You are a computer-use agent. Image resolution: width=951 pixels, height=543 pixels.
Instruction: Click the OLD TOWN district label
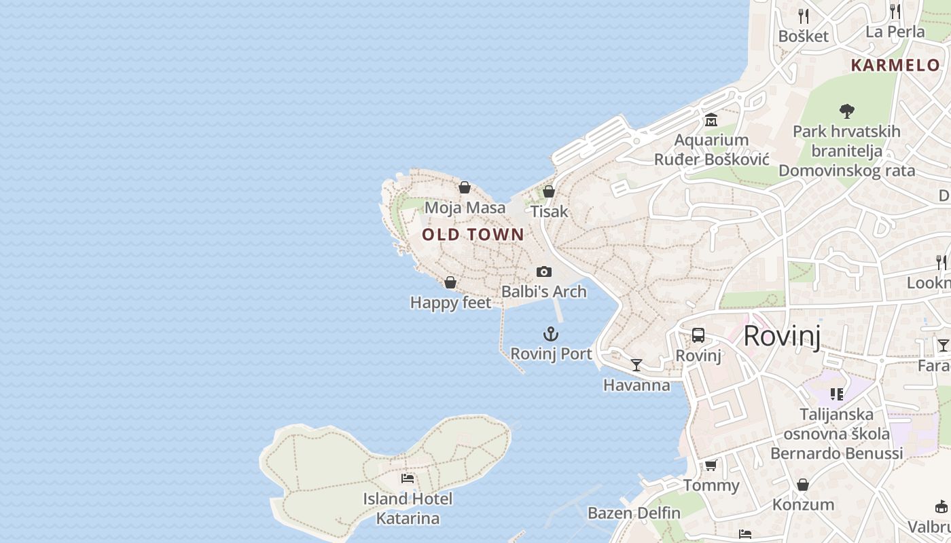pos(473,235)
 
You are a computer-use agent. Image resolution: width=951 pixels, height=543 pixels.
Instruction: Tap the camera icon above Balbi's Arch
pos(544,271)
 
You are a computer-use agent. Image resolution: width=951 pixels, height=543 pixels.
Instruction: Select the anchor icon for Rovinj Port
pos(551,334)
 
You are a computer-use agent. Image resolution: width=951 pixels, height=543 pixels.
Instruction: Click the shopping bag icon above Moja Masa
pos(465,187)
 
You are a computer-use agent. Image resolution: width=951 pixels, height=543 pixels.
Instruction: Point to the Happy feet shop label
pos(450,303)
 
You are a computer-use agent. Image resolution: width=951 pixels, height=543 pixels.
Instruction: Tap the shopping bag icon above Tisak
pos(549,191)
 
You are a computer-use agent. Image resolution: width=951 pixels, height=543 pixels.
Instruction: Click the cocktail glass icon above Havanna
pos(636,365)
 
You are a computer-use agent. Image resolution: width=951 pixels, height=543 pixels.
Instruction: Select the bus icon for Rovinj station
pos(698,335)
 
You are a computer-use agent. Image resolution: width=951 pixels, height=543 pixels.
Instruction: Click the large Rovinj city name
pos(782,336)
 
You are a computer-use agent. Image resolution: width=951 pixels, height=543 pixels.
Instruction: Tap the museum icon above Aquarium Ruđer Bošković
pos(711,120)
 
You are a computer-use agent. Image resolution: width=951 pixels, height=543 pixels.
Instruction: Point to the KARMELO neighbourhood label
pos(895,66)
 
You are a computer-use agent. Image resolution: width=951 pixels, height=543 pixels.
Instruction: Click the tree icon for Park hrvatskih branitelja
pos(846,111)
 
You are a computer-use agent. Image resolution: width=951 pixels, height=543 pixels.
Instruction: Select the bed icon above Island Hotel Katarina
pos(408,479)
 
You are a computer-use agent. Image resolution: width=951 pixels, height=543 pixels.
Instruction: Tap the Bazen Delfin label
pos(634,513)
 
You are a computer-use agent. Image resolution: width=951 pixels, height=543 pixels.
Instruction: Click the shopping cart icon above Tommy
pos(711,466)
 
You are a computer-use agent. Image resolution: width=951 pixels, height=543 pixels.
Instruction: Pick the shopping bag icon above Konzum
pos(803,485)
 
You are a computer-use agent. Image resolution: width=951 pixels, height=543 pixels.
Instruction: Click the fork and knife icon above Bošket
pos(804,16)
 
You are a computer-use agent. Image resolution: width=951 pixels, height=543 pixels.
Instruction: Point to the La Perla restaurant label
pos(895,32)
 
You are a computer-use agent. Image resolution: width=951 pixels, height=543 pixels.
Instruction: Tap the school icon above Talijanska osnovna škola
pos(837,394)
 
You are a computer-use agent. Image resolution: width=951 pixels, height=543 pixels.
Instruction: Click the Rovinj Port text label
pos(551,354)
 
